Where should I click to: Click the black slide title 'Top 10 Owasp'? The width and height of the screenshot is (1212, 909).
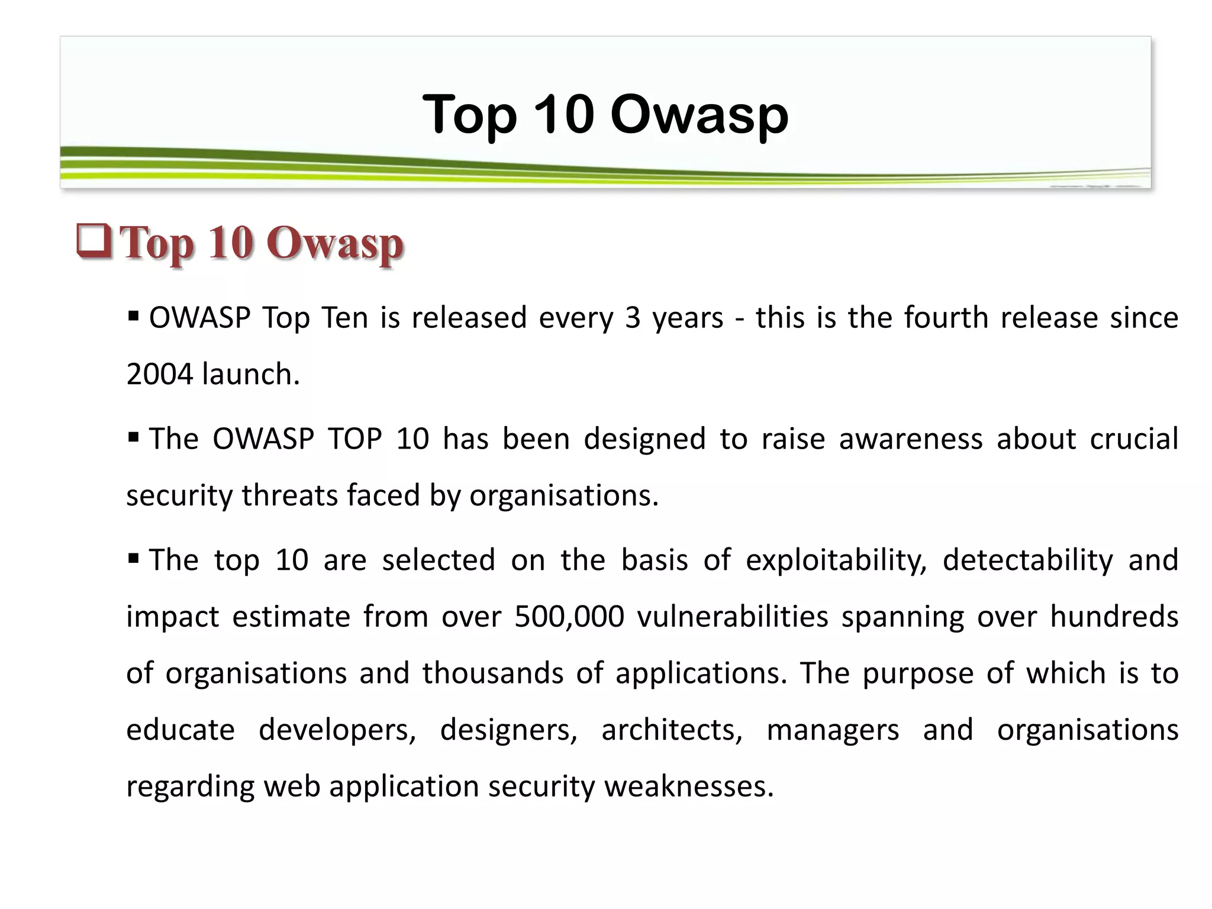[x=605, y=114]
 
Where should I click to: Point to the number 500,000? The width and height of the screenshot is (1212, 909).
[x=569, y=617]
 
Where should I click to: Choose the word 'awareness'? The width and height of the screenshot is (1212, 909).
[x=911, y=439]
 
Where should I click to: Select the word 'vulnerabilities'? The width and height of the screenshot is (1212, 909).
[x=733, y=617]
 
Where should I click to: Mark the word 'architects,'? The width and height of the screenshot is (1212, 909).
[x=672, y=730]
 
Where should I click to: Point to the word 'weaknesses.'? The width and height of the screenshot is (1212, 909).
[x=689, y=786]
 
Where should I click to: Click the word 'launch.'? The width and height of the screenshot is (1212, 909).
[x=251, y=375]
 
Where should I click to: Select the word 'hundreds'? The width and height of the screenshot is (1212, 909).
[x=1114, y=617]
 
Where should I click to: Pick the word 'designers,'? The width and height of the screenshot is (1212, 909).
[x=508, y=730]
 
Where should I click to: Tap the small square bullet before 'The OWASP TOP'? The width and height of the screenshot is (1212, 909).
[x=133, y=438]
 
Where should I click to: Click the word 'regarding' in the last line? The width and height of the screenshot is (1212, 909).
[x=190, y=786]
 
